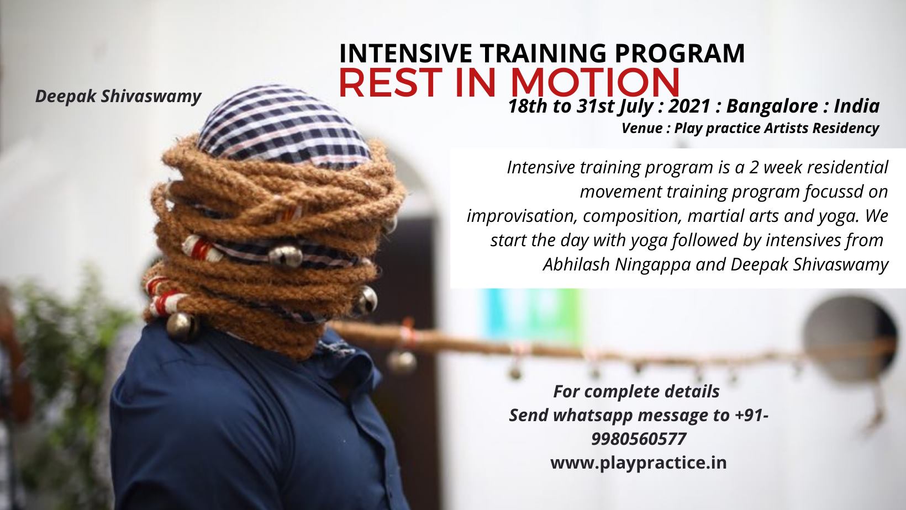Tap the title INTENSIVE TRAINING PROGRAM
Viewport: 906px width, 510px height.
[542, 54]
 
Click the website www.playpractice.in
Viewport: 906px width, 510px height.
[638, 463]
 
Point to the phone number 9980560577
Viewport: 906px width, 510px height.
[639, 439]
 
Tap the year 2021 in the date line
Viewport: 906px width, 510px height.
[689, 107]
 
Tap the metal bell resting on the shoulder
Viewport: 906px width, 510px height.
[182, 325]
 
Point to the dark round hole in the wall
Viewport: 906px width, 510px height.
[850, 339]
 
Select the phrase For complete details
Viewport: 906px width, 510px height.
[636, 391]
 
